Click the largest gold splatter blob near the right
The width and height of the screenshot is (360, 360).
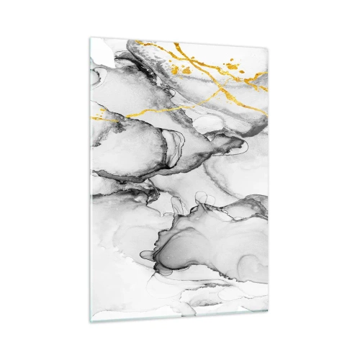pyautogui.click(x=232, y=66)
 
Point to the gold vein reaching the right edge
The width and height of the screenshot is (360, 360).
pyautogui.click(x=264, y=88)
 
